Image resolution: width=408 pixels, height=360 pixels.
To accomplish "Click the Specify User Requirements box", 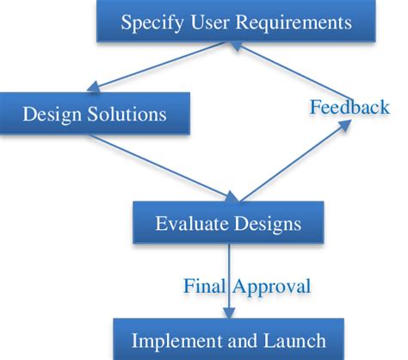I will [236, 21].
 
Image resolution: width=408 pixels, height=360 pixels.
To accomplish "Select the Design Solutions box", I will [95, 112].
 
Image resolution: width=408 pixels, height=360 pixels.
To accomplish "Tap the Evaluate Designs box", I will [228, 223].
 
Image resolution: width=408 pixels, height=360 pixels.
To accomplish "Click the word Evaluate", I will [188, 224].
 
